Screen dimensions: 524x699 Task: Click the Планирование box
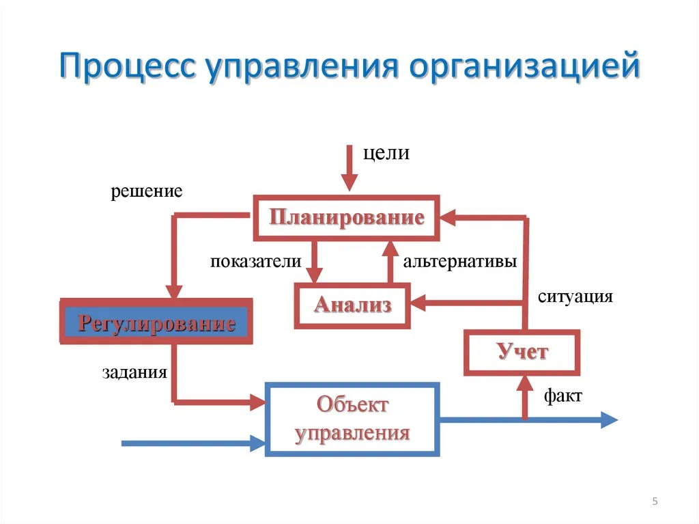click(x=346, y=218)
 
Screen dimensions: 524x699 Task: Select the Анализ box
click(x=352, y=305)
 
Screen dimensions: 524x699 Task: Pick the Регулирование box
click(x=156, y=322)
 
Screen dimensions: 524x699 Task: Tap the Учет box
click(x=522, y=353)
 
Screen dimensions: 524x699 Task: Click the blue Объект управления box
click(x=352, y=419)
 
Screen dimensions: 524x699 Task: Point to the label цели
click(x=386, y=154)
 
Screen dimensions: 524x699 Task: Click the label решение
click(x=147, y=191)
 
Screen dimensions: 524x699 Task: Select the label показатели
click(x=255, y=261)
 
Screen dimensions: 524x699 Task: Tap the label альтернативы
click(x=459, y=261)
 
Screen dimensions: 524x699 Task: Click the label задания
click(x=134, y=372)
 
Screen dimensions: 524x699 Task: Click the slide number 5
click(x=655, y=502)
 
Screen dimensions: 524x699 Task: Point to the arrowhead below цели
click(x=349, y=183)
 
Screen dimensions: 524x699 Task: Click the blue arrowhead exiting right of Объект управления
click(x=608, y=420)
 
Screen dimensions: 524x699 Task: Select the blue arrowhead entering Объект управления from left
click(x=257, y=443)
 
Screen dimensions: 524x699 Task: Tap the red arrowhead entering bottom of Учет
click(x=524, y=383)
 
